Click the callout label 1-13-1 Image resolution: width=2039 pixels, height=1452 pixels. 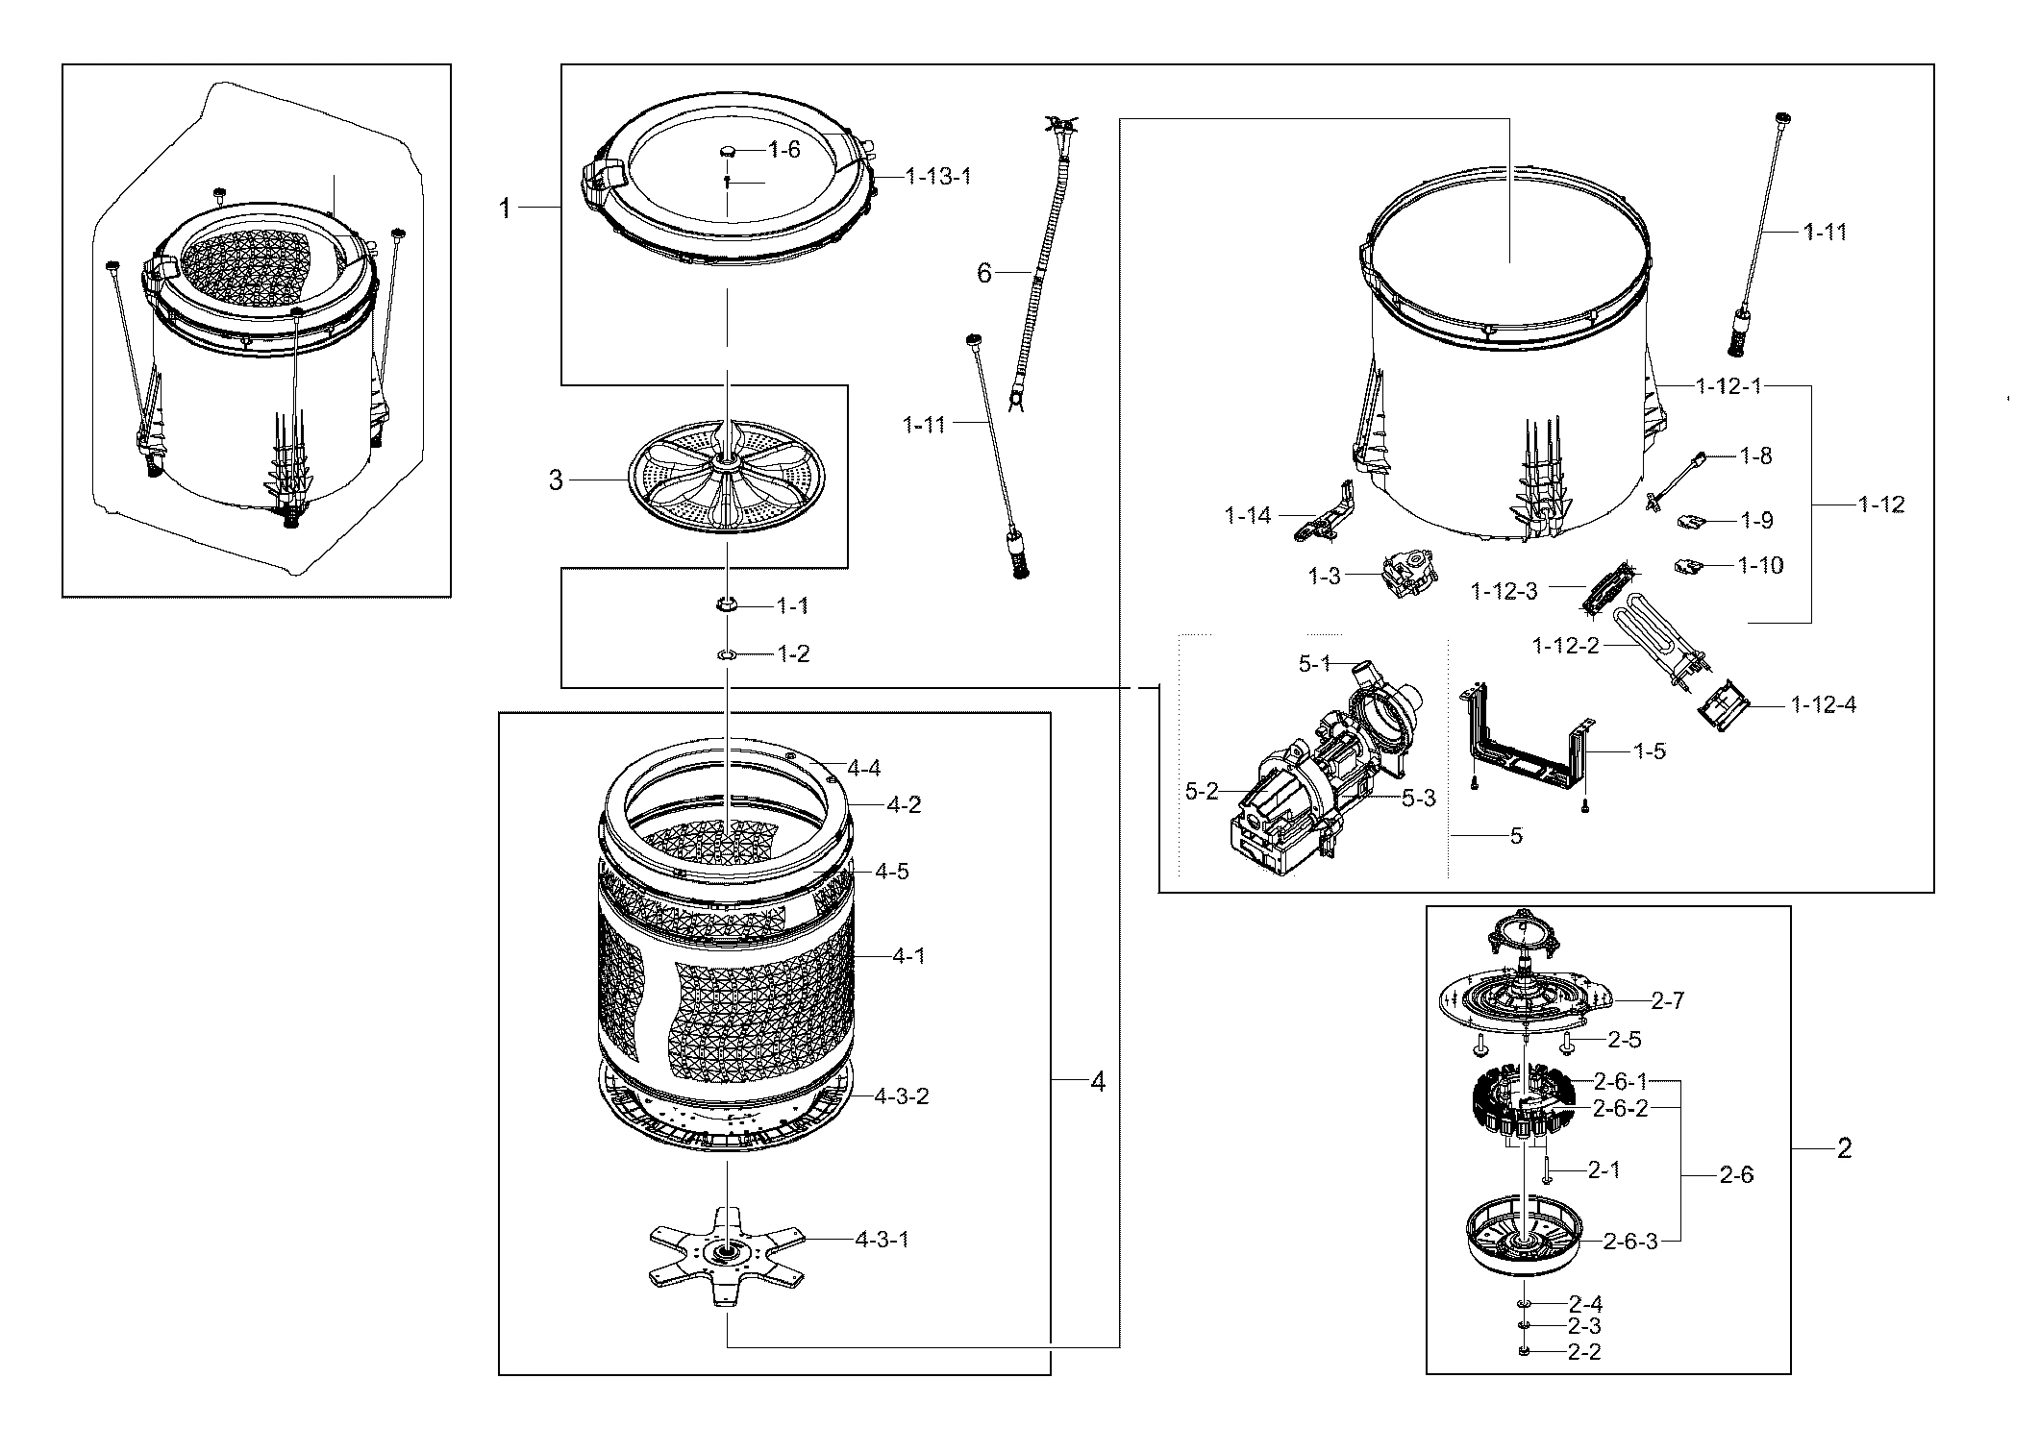tap(936, 177)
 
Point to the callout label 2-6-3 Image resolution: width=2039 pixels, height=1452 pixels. tap(1630, 1241)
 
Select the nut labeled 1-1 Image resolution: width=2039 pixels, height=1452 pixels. tap(727, 604)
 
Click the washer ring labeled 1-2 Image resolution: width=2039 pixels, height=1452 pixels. tap(727, 654)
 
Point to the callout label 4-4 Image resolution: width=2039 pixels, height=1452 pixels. tap(863, 768)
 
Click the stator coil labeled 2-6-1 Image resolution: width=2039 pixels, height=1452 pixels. tap(1524, 1105)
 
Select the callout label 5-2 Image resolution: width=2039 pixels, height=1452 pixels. tap(1201, 791)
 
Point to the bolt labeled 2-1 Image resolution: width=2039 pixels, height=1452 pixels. tap(1549, 1170)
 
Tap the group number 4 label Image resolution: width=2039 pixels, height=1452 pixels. tap(1098, 1082)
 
